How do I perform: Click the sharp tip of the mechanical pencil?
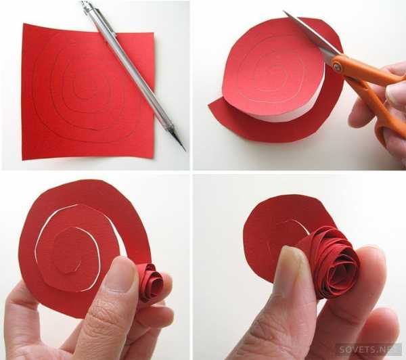click(185, 150)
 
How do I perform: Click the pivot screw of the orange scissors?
click(337, 66)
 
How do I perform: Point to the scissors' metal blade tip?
click(284, 12)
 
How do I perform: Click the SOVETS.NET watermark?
click(367, 349)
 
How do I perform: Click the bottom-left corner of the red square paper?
click(23, 159)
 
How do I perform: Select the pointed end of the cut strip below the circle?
click(209, 106)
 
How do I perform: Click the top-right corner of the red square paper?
click(154, 33)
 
